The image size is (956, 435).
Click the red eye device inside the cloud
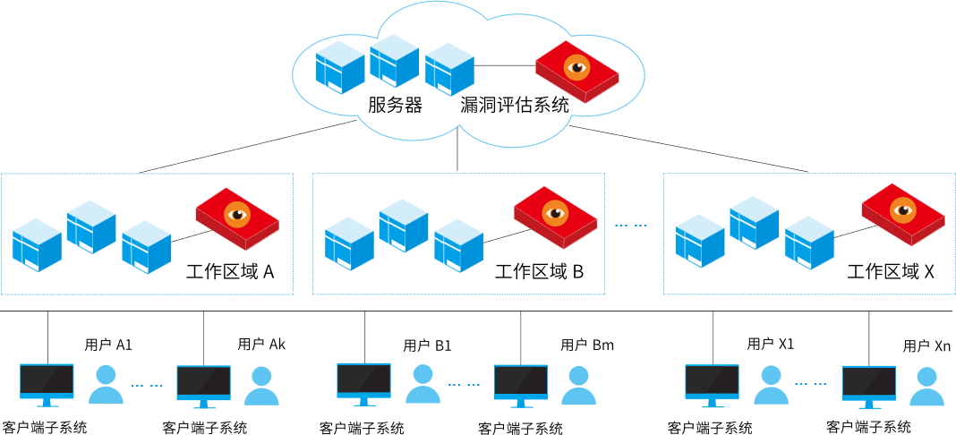[576, 72]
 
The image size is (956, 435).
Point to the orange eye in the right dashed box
[903, 210]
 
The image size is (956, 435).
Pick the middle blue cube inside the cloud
[395, 61]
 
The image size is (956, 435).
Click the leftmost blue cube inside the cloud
[340, 68]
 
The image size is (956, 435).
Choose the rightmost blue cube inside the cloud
[449, 70]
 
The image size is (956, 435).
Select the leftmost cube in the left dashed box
[37, 245]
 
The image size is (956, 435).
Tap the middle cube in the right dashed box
[754, 223]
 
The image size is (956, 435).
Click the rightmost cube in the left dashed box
[146, 248]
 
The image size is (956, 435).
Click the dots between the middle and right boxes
[630, 226]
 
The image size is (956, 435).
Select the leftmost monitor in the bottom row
[47, 383]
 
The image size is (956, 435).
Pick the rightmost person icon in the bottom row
[927, 387]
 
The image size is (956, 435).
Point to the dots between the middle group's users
[464, 385]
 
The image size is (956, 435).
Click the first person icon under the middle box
[423, 384]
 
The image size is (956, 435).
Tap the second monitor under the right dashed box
[868, 385]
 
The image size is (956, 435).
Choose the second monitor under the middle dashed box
[521, 384]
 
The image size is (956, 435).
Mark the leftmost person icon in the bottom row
[106, 385]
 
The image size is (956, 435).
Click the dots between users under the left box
[147, 386]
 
